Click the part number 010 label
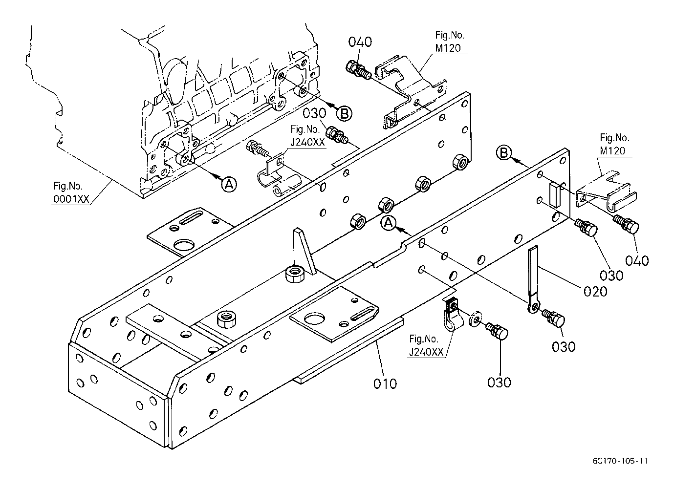point(385,383)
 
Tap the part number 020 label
point(595,291)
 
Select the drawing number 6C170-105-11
point(621,461)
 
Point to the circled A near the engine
point(228,184)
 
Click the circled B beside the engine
point(344,114)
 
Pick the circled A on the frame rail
point(388,223)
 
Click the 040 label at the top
point(360,42)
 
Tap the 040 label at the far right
point(637,260)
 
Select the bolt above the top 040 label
point(357,70)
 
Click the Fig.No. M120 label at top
point(450,42)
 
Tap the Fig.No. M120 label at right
point(614,145)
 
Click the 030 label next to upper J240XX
point(314,113)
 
